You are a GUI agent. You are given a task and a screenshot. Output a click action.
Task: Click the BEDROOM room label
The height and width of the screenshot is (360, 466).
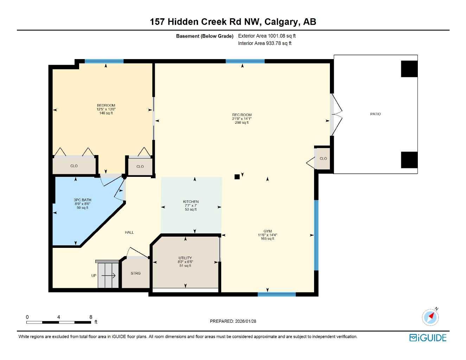point(106,105)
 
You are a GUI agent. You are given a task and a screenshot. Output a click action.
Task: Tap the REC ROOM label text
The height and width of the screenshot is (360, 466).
point(242,115)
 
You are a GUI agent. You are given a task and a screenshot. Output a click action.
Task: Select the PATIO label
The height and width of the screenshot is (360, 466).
point(375,114)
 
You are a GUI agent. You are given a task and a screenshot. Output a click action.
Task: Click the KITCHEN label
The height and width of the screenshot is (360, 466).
point(191,202)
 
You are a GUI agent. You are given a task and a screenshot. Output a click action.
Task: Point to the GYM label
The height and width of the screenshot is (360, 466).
point(267,231)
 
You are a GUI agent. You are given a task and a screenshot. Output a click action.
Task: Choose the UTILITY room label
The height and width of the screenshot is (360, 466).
point(185,258)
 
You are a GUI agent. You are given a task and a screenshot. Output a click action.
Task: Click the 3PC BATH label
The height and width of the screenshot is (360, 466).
point(82,200)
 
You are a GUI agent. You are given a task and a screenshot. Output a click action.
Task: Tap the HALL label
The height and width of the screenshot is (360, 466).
point(129,232)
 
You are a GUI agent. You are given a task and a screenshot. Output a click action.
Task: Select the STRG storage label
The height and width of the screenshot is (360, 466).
point(135,273)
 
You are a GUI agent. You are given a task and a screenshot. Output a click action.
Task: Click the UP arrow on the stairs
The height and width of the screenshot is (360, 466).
point(109,276)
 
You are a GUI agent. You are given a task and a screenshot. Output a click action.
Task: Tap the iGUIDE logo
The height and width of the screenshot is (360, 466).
point(428,338)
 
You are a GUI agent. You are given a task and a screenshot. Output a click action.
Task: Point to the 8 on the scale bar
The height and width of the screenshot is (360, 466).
point(91,317)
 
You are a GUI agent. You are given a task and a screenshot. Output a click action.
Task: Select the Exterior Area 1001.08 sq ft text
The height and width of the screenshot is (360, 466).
point(267,36)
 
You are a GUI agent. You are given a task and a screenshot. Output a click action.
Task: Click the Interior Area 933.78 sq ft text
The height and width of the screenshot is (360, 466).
point(264,43)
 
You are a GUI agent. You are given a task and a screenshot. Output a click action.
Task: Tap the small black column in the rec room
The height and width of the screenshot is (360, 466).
point(237,177)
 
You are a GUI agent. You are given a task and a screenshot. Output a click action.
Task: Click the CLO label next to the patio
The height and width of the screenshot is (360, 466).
point(323,159)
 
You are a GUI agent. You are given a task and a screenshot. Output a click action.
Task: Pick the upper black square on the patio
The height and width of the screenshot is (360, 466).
point(409,69)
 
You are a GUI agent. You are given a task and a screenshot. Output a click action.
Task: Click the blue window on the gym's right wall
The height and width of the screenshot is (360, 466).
point(316,235)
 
